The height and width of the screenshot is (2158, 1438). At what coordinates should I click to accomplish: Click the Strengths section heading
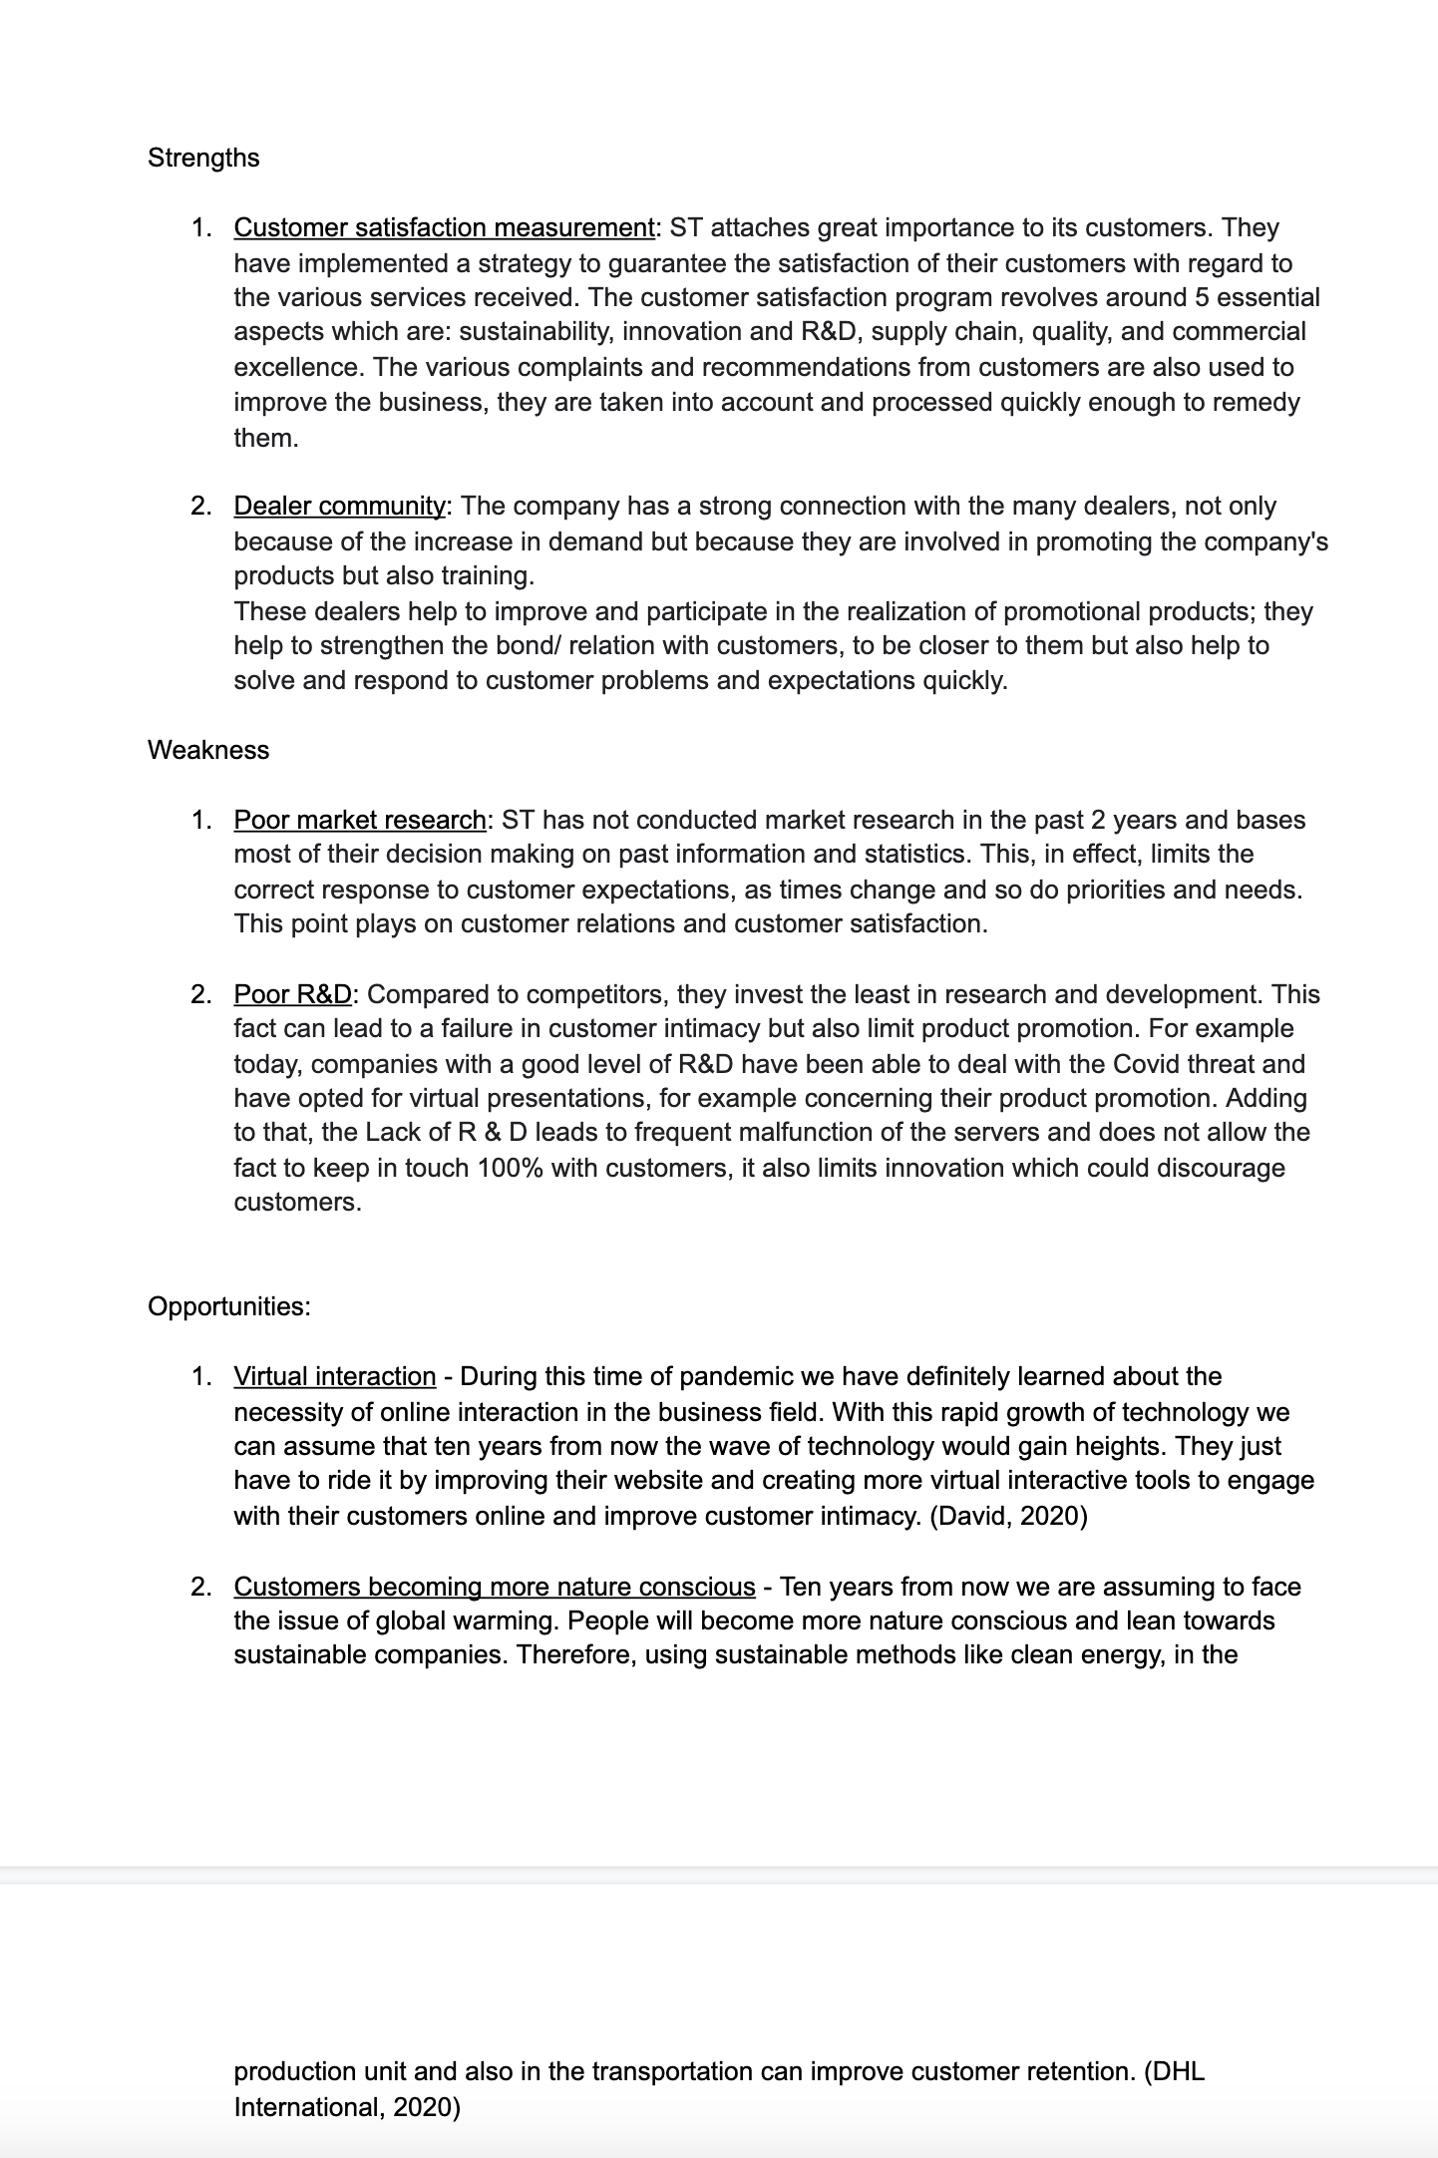(203, 158)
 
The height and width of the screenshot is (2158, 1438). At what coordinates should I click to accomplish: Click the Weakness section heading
(208, 750)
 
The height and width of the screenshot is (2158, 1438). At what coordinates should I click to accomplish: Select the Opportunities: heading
(229, 1306)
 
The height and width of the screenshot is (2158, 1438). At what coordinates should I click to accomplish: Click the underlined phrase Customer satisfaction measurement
(444, 227)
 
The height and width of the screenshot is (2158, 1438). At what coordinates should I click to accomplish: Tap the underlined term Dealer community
(340, 506)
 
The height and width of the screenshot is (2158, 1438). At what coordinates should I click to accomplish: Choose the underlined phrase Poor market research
(359, 820)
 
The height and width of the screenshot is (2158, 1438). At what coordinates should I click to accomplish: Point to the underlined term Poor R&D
(292, 994)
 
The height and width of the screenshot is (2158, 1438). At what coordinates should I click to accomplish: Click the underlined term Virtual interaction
(334, 1376)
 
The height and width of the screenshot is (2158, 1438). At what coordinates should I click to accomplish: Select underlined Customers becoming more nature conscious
(494, 1587)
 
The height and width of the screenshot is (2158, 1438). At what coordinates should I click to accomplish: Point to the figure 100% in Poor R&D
(510, 1168)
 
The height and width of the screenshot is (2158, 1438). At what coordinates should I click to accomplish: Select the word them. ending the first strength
(266, 438)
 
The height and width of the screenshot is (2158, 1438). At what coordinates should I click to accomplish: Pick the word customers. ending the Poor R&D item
(297, 1202)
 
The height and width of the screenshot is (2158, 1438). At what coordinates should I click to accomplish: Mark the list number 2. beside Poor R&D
(200, 994)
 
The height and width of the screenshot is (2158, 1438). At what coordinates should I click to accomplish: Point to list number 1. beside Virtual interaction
(200, 1376)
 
